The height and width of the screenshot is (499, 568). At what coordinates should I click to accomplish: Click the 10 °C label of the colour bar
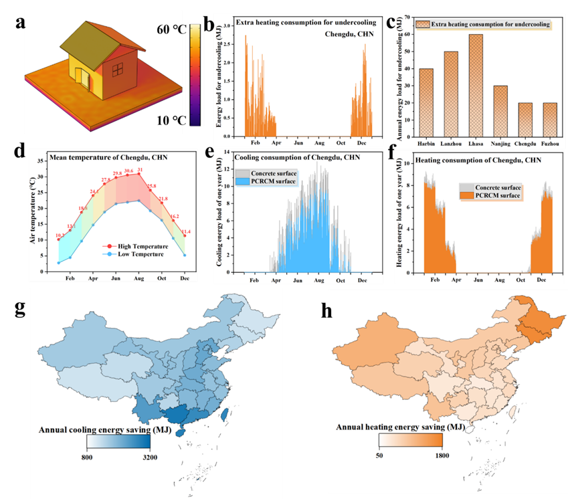point(171,120)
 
